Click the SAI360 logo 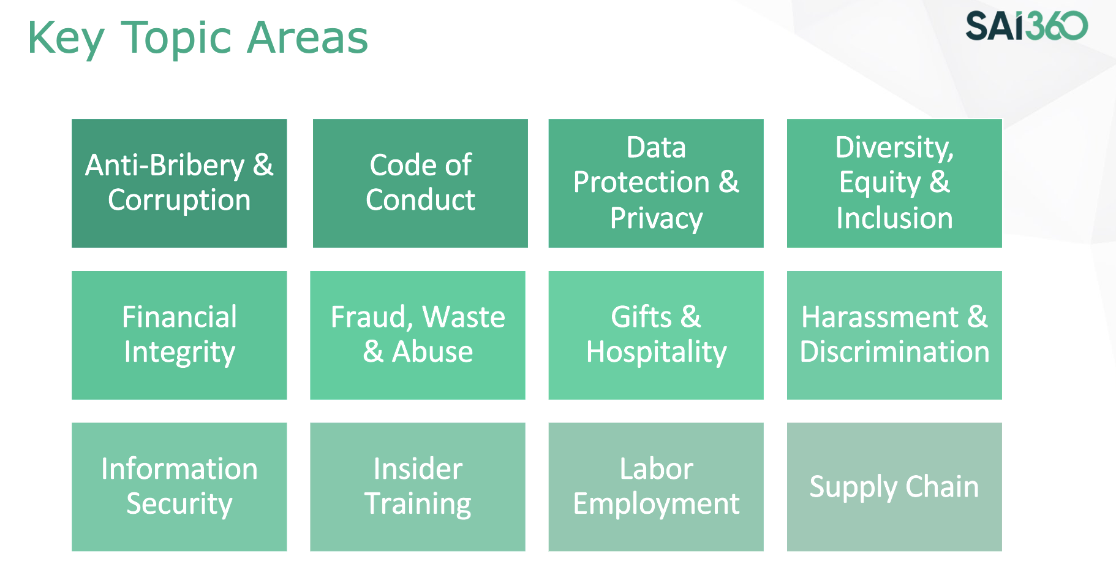click(x=1027, y=26)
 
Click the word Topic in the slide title click(x=176, y=39)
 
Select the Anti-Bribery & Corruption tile click(x=179, y=183)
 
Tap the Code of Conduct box click(x=420, y=183)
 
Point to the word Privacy click(x=656, y=218)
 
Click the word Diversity click(x=894, y=147)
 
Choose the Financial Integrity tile click(x=179, y=335)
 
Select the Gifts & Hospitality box click(x=656, y=335)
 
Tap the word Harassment click(x=880, y=318)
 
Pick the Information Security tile click(x=179, y=487)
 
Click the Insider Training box click(x=418, y=487)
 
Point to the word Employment click(x=656, y=505)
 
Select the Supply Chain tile click(x=894, y=487)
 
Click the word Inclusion click(x=894, y=218)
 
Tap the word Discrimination click(x=894, y=352)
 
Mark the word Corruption click(x=179, y=200)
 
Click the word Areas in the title click(x=307, y=39)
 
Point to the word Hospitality click(x=656, y=353)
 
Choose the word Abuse click(x=432, y=353)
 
